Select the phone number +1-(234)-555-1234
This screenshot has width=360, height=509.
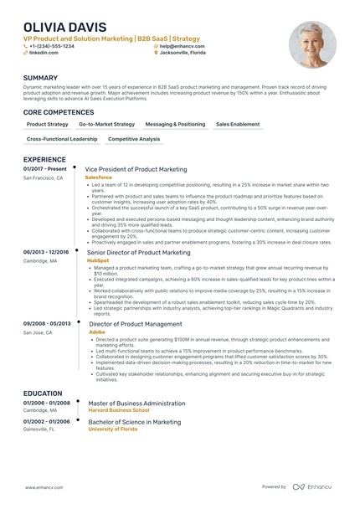tap(51, 46)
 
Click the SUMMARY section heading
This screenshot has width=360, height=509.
tap(41, 78)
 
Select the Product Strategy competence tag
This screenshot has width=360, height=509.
tap(48, 124)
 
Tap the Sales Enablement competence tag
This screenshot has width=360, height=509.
tap(238, 124)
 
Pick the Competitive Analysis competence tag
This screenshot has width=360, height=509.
tap(134, 139)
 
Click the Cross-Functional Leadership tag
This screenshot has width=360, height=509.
tap(62, 139)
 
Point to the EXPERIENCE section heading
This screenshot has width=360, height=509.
tap(45, 158)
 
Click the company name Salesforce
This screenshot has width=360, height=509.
tap(100, 177)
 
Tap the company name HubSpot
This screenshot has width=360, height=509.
tap(98, 260)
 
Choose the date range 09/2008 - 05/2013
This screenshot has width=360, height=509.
tap(47, 322)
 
